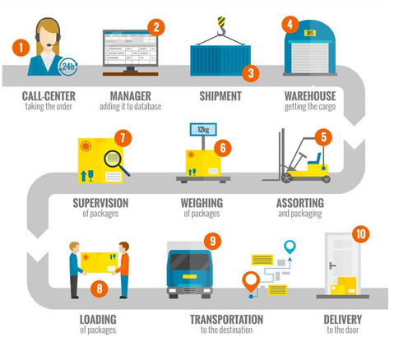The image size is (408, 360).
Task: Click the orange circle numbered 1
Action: [19, 48]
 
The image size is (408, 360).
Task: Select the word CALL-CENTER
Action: [49, 96]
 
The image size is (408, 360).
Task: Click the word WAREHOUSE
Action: [312, 96]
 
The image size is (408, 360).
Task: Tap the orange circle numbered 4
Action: [290, 25]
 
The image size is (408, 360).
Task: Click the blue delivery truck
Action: [190, 272]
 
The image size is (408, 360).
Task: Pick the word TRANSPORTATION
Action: [227, 319]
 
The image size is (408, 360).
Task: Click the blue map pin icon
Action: [289, 247]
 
